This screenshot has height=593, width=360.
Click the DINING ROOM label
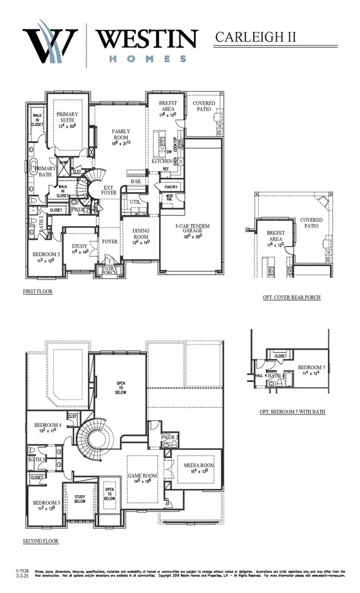click(141, 233)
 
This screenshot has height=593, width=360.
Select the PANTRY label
click(171, 187)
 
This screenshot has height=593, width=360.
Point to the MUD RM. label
click(169, 199)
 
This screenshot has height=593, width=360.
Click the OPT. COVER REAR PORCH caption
click(291, 296)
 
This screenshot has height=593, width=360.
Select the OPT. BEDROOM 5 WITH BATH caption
click(292, 412)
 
